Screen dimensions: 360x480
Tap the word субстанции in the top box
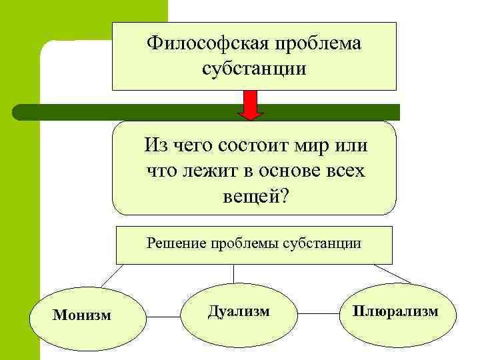coord(253,69)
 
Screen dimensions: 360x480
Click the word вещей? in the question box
coord(255,197)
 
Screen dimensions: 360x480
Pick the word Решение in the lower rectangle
coord(176,243)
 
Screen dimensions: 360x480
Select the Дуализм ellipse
coord(239,311)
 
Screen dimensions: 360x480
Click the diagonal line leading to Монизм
coord(113,274)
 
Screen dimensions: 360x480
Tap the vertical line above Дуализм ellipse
coord(233,273)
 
